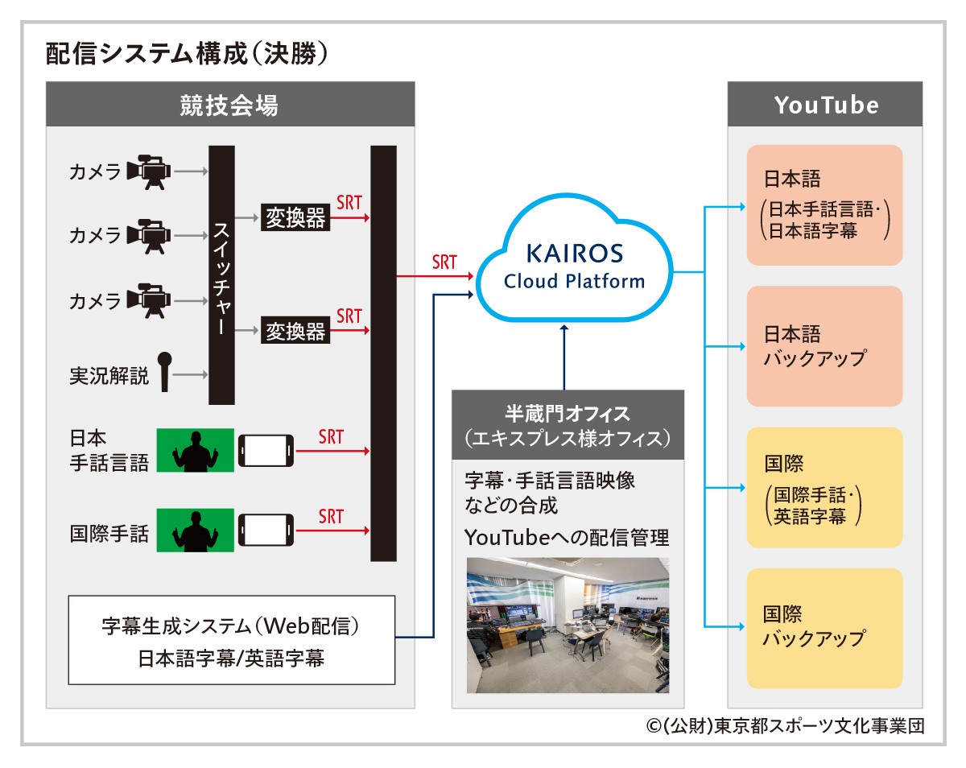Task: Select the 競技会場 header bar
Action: click(x=230, y=105)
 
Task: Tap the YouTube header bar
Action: click(x=825, y=105)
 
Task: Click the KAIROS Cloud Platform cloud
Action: click(x=574, y=266)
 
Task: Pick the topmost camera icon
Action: click(x=149, y=171)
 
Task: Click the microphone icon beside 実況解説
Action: click(x=165, y=372)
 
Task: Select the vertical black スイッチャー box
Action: click(x=221, y=275)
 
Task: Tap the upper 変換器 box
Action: click(x=295, y=218)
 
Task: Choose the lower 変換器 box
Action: click(x=295, y=331)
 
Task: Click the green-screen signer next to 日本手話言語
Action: click(x=196, y=450)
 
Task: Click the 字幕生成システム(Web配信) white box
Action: click(x=232, y=640)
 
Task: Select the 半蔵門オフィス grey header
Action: click(x=568, y=426)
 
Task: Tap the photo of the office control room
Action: click(x=568, y=626)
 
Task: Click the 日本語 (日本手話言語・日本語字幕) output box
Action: click(x=824, y=205)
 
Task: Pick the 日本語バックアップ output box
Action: click(x=824, y=346)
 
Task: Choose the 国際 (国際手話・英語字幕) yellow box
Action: click(x=824, y=488)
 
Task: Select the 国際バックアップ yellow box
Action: click(x=824, y=629)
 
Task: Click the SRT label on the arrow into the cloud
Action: click(x=444, y=262)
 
